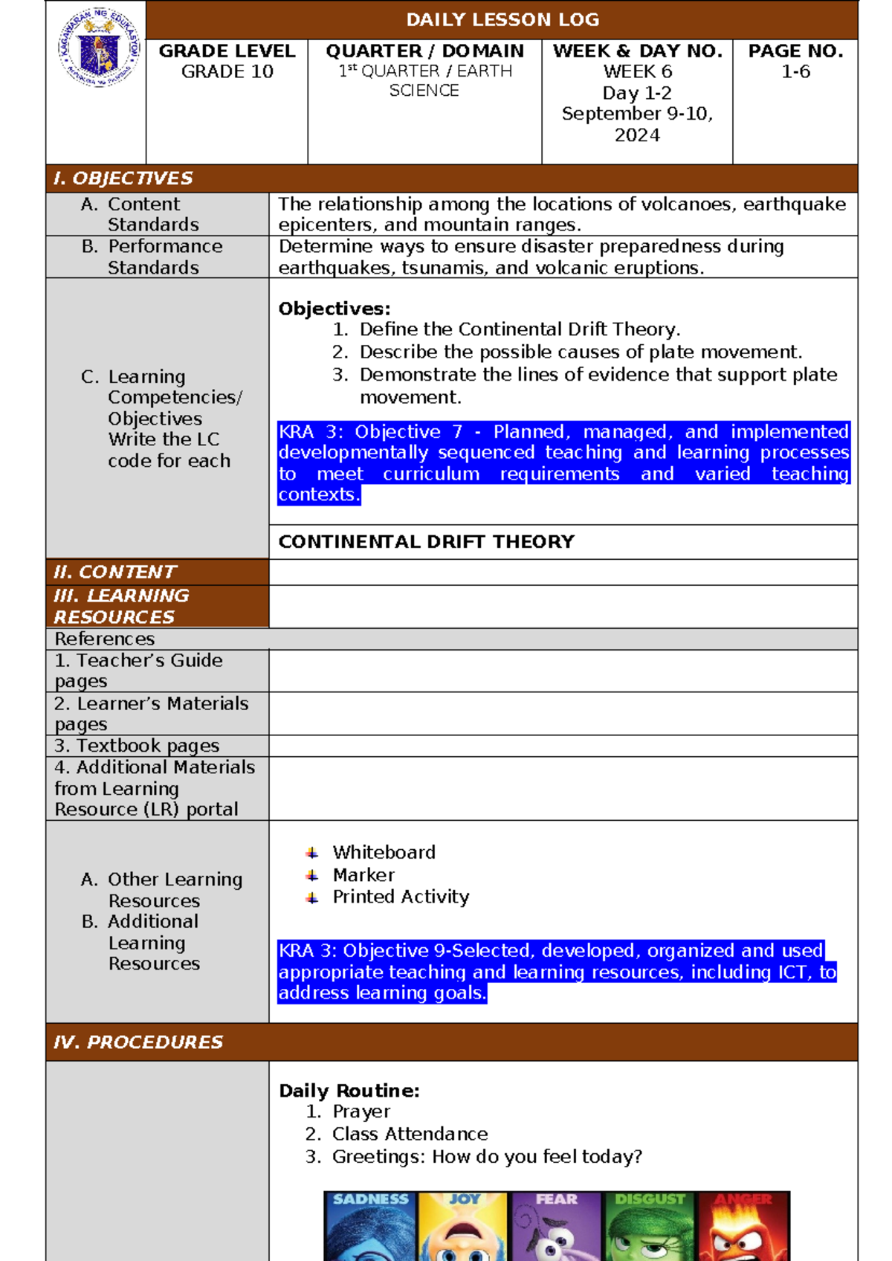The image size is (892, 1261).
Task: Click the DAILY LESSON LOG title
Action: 502,20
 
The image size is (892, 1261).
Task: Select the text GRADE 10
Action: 227,72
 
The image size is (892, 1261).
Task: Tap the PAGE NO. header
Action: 795,51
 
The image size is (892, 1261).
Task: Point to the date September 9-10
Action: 637,114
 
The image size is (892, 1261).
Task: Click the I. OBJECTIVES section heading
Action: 123,178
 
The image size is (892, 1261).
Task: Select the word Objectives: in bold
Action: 334,309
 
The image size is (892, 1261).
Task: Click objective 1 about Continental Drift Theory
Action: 520,329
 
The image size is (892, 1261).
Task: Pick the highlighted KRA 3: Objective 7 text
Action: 563,462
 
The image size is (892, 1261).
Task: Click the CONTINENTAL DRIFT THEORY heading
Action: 426,542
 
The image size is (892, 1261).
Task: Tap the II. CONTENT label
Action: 114,572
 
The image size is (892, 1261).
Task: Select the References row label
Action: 104,639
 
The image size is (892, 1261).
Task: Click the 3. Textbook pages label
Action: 137,746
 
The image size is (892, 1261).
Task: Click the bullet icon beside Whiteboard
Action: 312,853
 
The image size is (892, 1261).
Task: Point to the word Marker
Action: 363,875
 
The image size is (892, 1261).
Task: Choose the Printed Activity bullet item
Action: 401,897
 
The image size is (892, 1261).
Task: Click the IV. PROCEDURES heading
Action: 138,1042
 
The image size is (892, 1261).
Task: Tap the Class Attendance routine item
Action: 410,1134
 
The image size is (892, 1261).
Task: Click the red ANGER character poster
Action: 743,1227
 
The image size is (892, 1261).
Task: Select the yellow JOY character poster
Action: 462,1227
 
